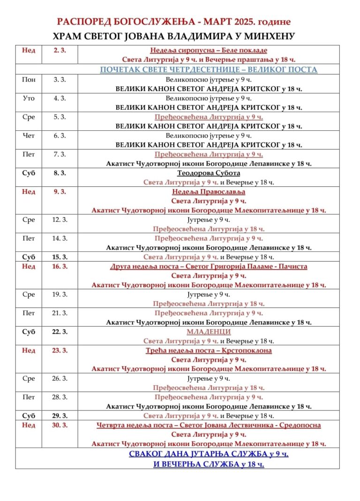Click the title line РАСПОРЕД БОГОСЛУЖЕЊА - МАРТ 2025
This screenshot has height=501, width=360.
click(174, 22)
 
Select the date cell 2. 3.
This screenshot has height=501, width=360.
click(60, 50)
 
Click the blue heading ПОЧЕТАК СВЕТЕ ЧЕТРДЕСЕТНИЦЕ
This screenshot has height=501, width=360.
click(209, 69)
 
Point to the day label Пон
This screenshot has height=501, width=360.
click(29, 79)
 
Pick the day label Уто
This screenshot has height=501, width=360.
click(29, 98)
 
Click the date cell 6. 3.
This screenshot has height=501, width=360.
click(60, 136)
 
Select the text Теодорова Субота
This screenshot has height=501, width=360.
click(209, 173)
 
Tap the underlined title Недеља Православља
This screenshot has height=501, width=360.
click(209, 191)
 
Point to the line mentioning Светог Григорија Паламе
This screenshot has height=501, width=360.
click(209, 266)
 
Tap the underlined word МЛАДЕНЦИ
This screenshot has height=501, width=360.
click(209, 332)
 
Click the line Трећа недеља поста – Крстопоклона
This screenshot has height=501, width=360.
click(209, 350)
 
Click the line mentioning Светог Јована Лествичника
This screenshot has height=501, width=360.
click(209, 425)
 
